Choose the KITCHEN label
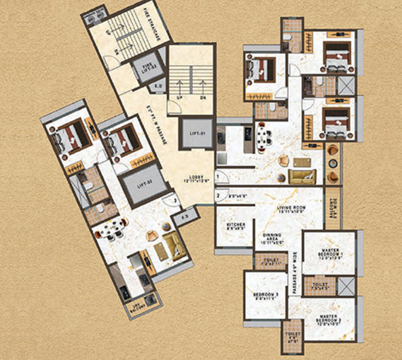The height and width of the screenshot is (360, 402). (236, 225)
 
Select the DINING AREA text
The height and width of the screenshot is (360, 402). (272, 240)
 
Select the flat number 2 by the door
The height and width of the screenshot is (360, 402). (218, 194)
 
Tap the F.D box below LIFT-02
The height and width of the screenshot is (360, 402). (186, 217)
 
